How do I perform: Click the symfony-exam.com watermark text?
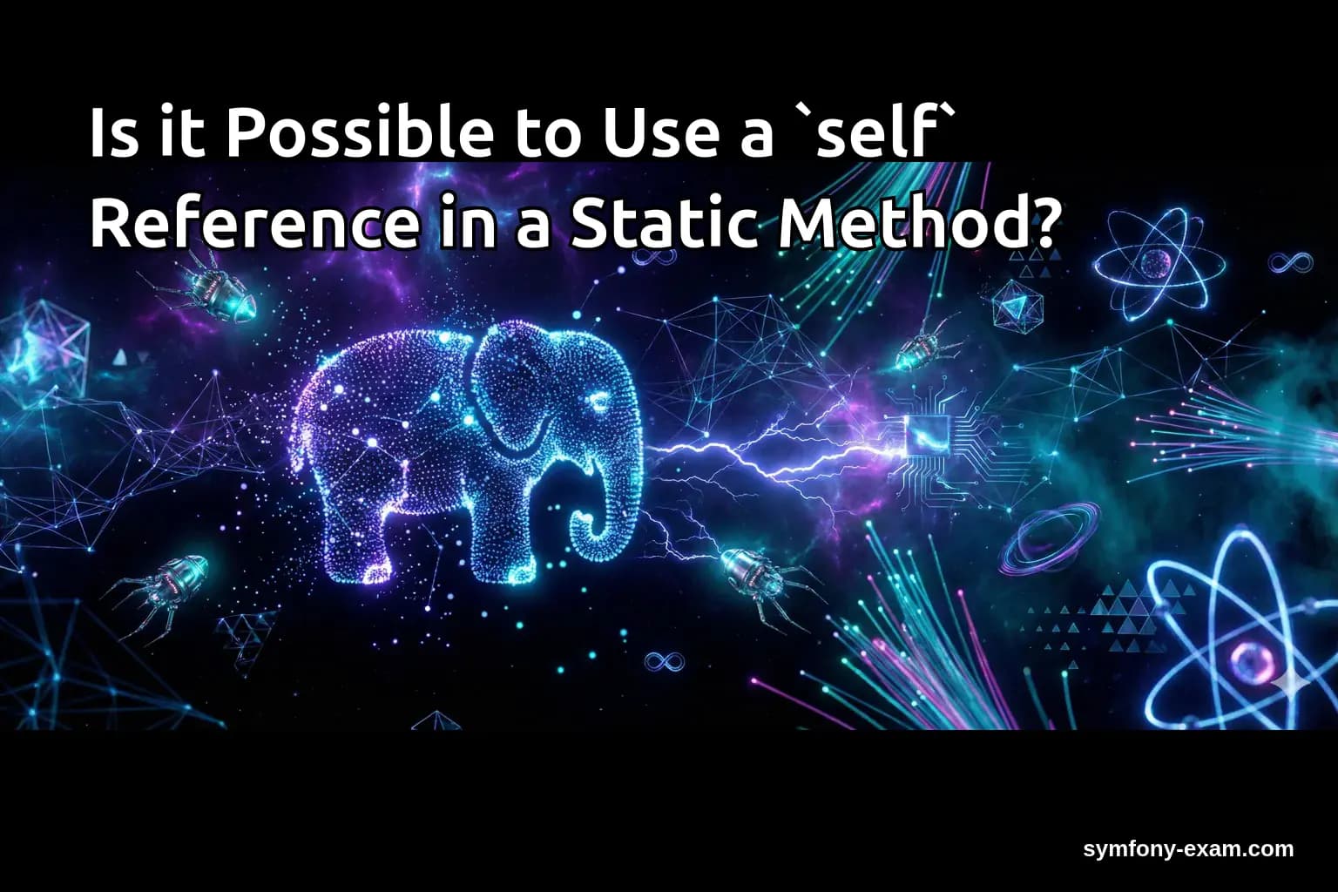(x=1188, y=848)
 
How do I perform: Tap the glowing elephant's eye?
(x=598, y=402)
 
